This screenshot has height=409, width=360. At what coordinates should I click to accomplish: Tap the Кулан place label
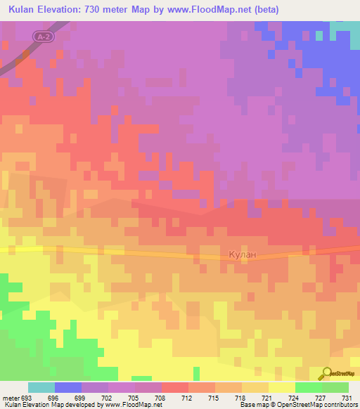point(243,254)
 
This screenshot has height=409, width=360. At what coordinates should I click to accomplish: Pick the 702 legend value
point(108,396)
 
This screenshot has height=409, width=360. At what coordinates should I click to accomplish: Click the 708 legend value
point(161,396)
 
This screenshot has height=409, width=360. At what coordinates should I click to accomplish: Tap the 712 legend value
point(188,396)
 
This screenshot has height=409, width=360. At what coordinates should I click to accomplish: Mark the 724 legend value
point(295,396)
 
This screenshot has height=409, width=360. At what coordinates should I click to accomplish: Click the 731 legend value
point(347,396)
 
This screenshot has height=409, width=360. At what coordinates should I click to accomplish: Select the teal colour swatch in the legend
point(41,387)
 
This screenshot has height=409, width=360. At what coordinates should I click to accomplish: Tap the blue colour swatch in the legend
point(67,387)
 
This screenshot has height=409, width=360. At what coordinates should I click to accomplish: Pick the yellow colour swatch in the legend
point(281,387)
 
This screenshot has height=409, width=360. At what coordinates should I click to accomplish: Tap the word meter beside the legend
point(9,396)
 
